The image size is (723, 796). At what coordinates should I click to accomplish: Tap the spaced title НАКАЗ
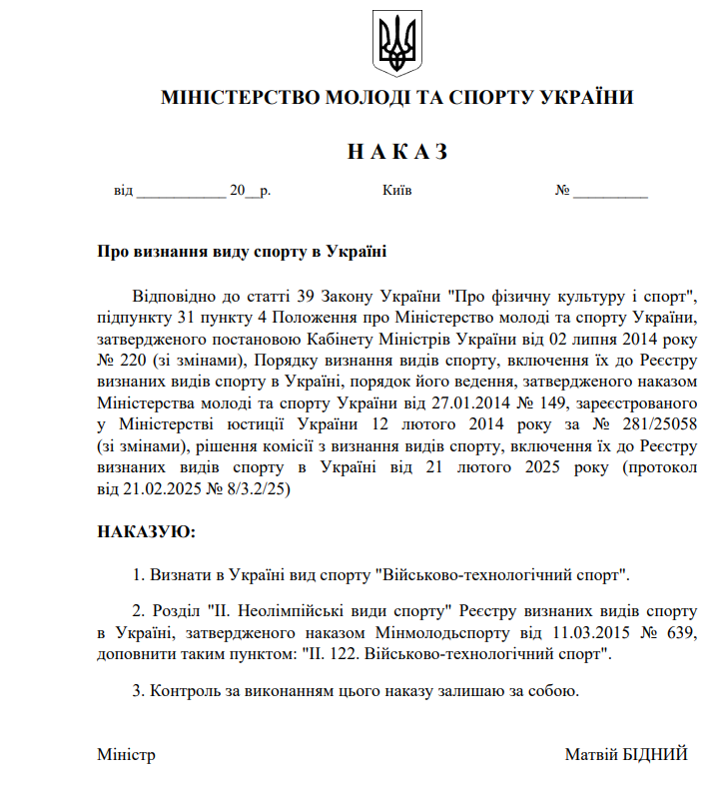396,152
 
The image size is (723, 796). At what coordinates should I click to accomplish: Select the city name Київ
396,191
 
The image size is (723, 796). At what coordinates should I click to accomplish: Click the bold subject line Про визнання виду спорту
241,253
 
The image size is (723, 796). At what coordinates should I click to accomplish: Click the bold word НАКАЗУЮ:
146,531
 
